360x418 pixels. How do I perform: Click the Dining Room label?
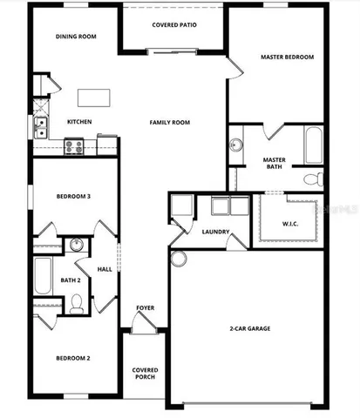pyautogui.click(x=76, y=37)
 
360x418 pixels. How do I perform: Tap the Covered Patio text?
pyautogui.click(x=174, y=24)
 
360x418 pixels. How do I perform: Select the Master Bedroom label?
pyautogui.click(x=287, y=57)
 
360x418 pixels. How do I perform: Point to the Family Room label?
pyautogui.click(x=169, y=123)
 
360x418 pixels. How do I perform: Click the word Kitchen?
pyautogui.click(x=79, y=122)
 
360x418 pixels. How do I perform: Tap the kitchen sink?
pyautogui.click(x=40, y=129)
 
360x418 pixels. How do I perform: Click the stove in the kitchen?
pyautogui.click(x=73, y=147)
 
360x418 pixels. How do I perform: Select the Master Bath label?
pyautogui.click(x=275, y=164)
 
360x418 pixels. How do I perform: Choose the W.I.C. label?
pyautogui.click(x=290, y=224)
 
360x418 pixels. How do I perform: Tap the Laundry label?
pyautogui.click(x=215, y=232)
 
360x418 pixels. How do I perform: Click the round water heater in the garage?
pyautogui.click(x=179, y=259)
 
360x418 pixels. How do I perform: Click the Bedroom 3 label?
pyautogui.click(x=74, y=196)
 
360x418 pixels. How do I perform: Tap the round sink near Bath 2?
pyautogui.click(x=77, y=245)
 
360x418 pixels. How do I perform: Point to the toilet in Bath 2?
pyautogui.click(x=77, y=303)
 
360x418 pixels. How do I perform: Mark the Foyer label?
pyautogui.click(x=146, y=308)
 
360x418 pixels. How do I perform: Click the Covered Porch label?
pyautogui.click(x=145, y=374)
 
